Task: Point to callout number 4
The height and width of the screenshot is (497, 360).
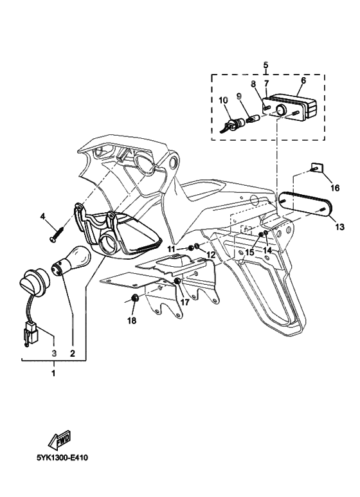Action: pyautogui.click(x=43, y=217)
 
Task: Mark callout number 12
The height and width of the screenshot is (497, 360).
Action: pyautogui.click(x=210, y=255)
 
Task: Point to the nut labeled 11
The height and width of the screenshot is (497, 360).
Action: pyautogui.click(x=186, y=248)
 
